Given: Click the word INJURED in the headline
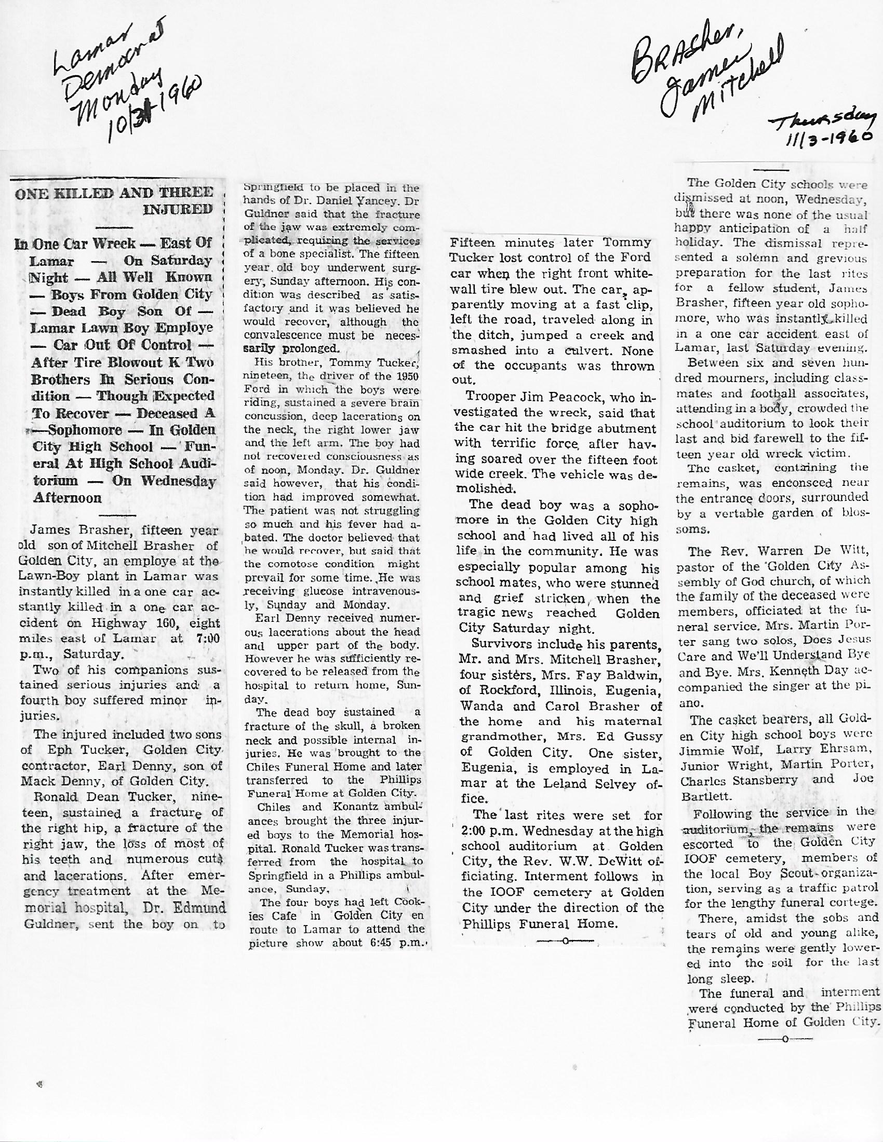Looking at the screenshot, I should coord(178,210).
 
